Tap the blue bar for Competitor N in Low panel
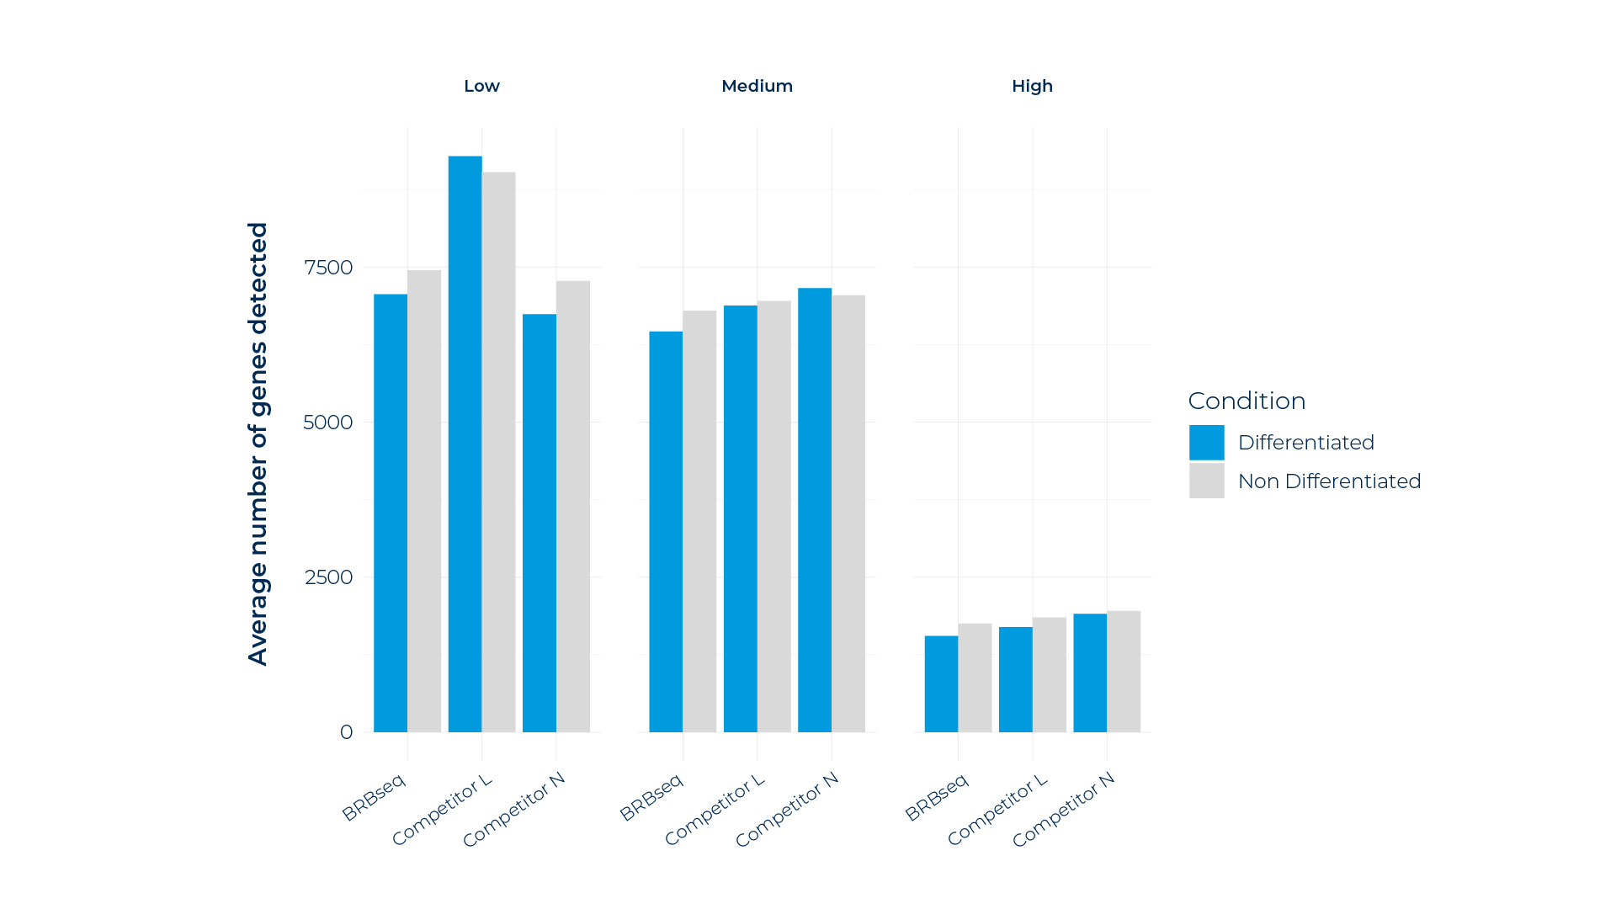point(540,523)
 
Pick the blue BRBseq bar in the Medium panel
point(666,531)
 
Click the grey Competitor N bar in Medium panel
point(848,513)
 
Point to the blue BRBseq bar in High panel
point(941,683)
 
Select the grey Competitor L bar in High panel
point(1050,674)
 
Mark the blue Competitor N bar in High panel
point(1090,672)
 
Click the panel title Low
point(481,86)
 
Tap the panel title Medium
point(757,86)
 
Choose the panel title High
point(1032,86)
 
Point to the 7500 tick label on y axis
point(328,268)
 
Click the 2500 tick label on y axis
point(328,577)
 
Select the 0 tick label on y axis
point(346,732)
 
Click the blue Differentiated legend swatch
point(1206,443)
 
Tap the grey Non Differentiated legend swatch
point(1206,481)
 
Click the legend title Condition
point(1247,401)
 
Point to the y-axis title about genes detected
point(258,444)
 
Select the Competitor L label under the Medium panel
point(715,809)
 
